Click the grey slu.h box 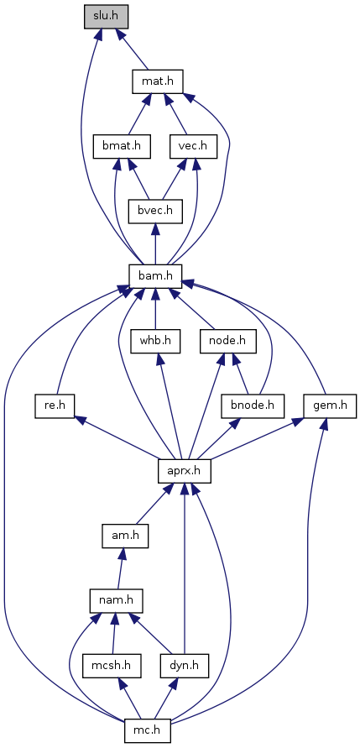tap(107, 17)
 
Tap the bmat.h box tap(122, 147)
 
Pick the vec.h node tap(194, 147)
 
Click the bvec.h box tap(155, 212)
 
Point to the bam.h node tap(155, 276)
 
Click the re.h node tap(56, 406)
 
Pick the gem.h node tap(330, 406)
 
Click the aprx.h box tap(185, 471)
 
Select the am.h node tap(125, 536)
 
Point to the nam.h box tap(117, 600)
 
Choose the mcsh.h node tap(112, 666)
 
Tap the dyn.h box tap(185, 666)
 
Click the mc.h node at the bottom tap(148, 730)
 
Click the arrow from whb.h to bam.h tap(155, 309)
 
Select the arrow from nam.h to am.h tap(121, 568)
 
